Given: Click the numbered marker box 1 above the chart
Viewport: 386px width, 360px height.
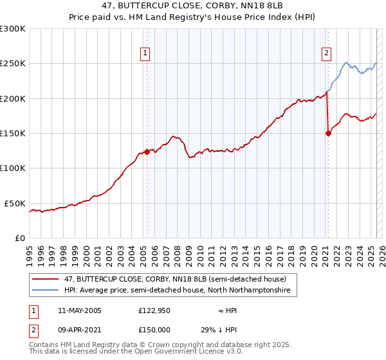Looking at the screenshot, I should coord(146,53).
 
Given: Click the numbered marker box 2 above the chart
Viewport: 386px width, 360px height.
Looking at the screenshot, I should coord(327,53).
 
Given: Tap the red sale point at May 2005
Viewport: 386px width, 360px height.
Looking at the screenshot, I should coord(147,152).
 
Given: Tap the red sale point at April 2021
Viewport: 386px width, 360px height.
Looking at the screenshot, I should coord(328,133).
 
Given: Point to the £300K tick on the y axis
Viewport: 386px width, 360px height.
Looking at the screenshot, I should coord(13,29).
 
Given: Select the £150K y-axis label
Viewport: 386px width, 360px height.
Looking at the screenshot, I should coord(13,133).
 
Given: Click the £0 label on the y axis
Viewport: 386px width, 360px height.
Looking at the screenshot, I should coord(19,238).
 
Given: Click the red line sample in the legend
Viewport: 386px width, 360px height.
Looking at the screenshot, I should coord(46,280).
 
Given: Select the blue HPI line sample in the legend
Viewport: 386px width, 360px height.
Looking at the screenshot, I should coord(46,291).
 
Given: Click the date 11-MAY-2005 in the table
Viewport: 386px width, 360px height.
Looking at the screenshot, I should coord(79,310).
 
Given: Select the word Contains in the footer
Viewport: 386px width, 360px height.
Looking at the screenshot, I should coord(44,345).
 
